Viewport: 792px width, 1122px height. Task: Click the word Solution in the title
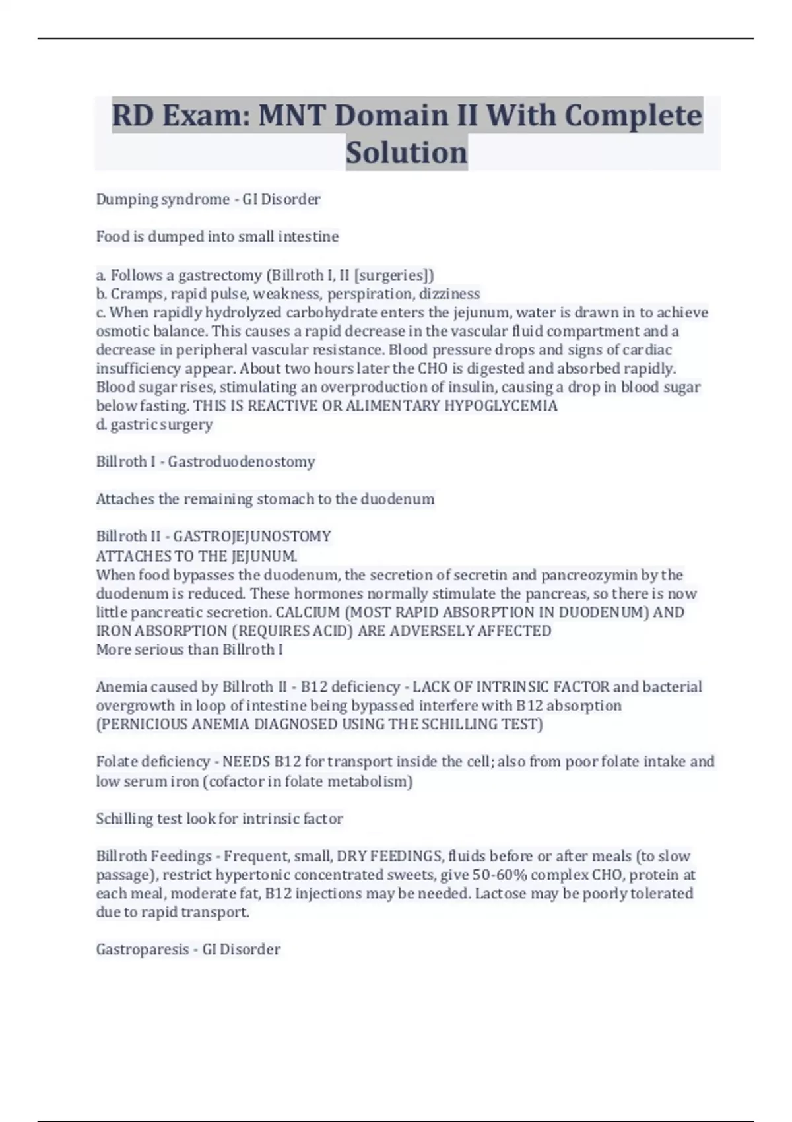(x=407, y=152)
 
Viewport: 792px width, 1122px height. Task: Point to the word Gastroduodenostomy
(x=242, y=461)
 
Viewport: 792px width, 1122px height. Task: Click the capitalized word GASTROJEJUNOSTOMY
(x=252, y=536)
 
